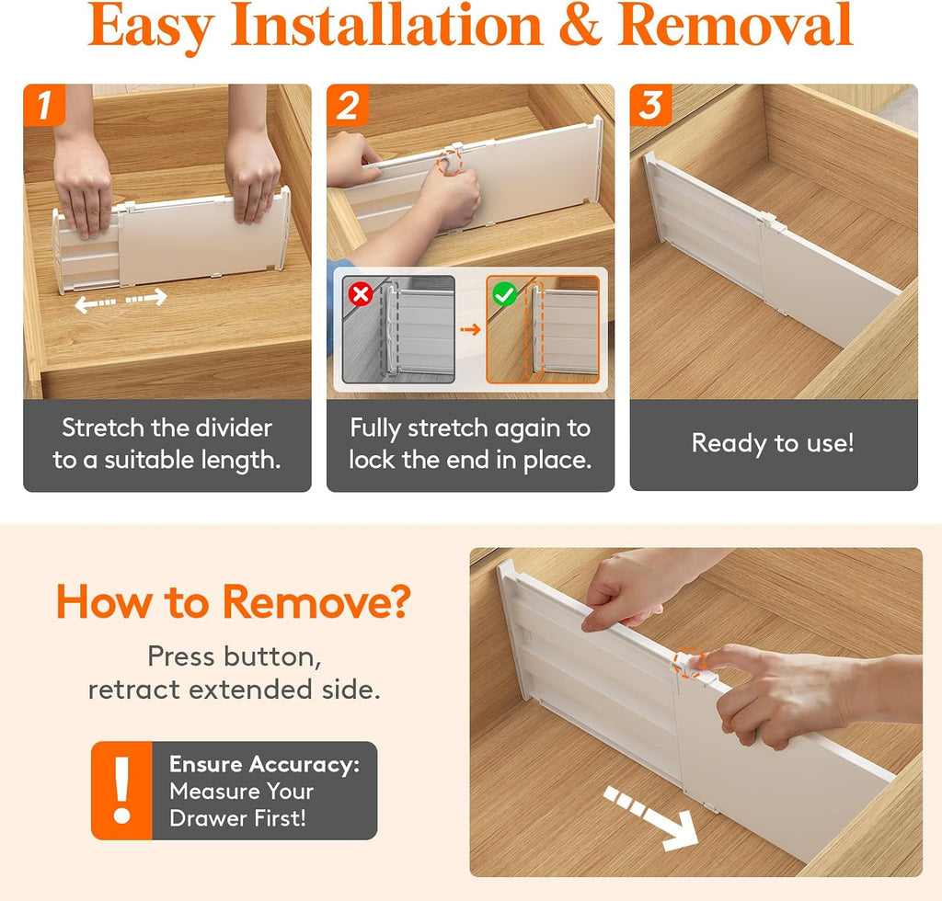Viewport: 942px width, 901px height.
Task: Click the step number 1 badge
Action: click(44, 105)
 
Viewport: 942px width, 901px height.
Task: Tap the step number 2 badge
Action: click(347, 105)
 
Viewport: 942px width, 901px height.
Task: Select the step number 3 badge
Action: click(650, 105)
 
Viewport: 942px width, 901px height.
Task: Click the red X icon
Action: click(361, 294)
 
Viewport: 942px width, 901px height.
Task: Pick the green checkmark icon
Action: click(505, 294)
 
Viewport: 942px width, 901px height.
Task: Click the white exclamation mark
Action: click(122, 790)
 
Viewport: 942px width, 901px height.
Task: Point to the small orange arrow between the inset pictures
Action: click(470, 329)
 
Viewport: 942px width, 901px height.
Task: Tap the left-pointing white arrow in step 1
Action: click(95, 303)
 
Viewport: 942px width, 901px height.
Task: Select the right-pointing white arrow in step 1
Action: click(146, 297)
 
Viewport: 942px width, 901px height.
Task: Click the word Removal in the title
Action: click(735, 25)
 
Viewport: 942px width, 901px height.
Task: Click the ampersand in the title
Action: click(580, 25)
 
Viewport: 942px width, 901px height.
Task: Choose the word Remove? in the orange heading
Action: click(316, 601)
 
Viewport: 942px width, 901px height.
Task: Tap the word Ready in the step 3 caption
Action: click(729, 444)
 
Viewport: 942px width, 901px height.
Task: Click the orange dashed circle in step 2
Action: click(449, 163)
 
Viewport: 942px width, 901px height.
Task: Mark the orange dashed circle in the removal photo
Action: click(688, 662)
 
